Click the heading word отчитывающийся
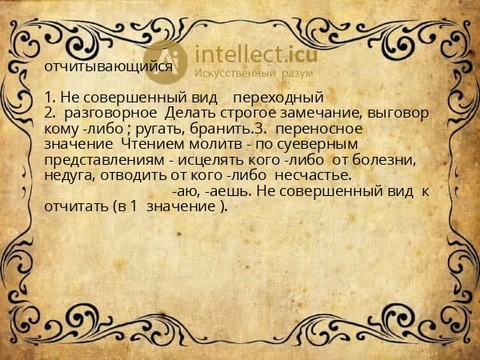109,66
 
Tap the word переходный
278,98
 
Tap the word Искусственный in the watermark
233,74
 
